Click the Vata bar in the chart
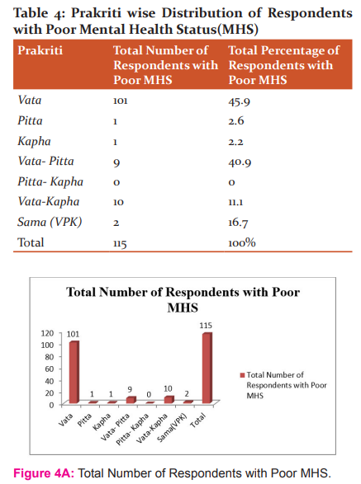74,372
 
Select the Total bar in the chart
207,369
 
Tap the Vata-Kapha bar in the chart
169,400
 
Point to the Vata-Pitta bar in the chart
131,400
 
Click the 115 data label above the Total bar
206,326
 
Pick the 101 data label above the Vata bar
74,334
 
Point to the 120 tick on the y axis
47,333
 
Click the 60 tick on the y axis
50,369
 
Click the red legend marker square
242,375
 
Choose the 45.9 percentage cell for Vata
239,101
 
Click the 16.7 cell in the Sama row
238,223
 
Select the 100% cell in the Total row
242,242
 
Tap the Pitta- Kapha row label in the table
50,181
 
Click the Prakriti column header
40,50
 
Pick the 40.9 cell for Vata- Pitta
240,162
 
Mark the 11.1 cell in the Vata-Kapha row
235,202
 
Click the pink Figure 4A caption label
44,473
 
